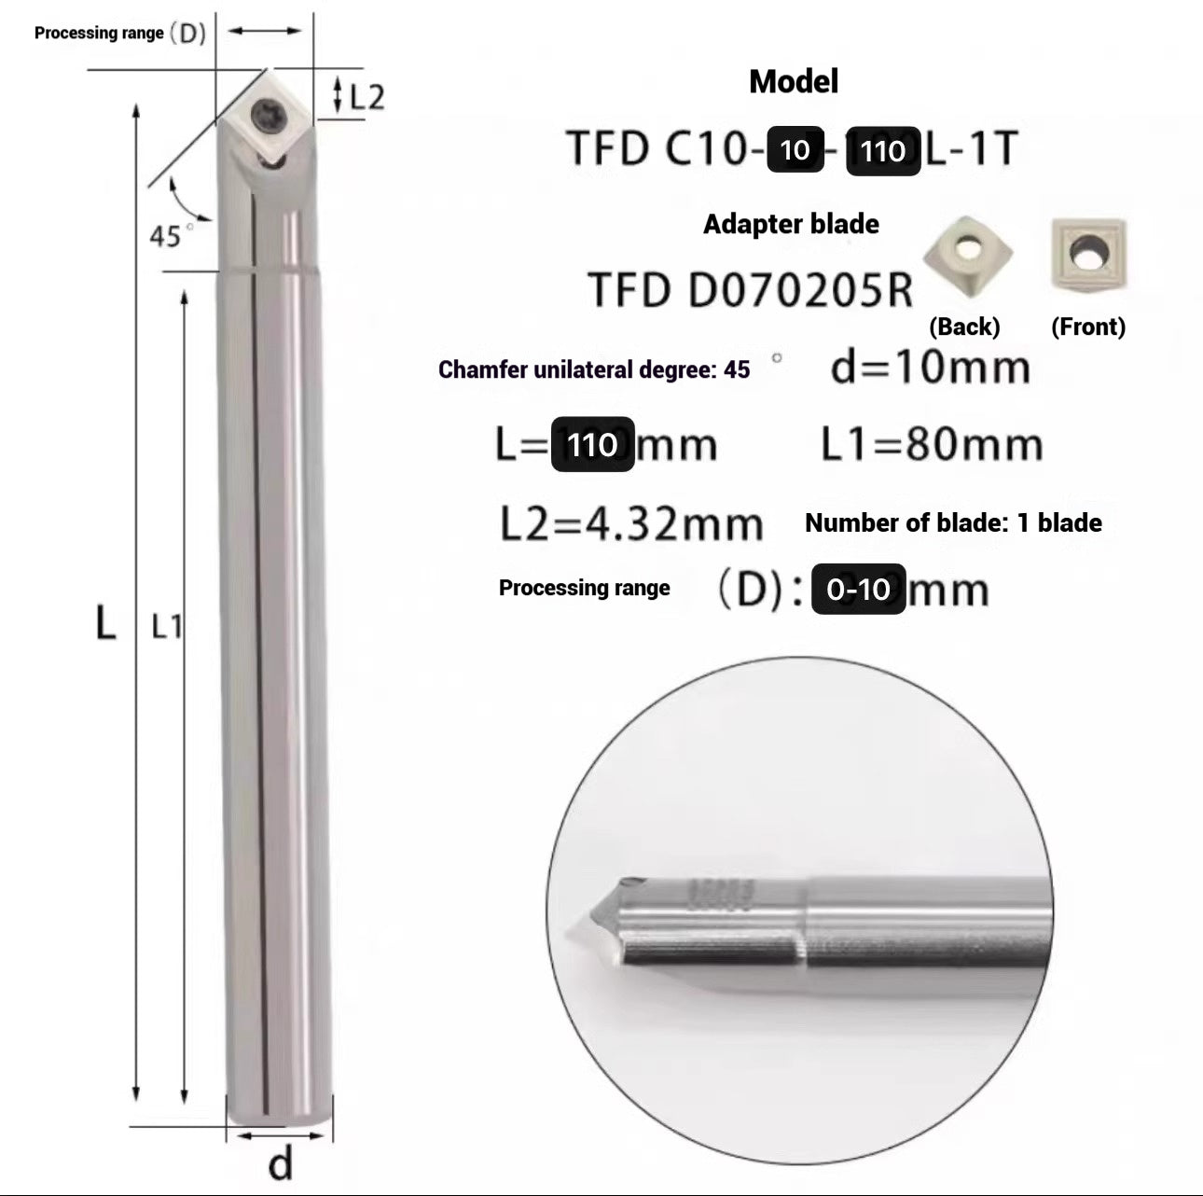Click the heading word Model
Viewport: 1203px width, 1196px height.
click(794, 81)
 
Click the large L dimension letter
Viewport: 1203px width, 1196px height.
click(106, 621)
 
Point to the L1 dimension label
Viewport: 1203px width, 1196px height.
click(167, 627)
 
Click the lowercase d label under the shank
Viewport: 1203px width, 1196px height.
click(280, 1164)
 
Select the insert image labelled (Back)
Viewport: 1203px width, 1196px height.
click(968, 257)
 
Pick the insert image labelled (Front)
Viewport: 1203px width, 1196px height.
click(1087, 253)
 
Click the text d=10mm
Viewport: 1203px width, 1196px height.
click(930, 368)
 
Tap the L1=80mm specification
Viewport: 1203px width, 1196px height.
click(931, 445)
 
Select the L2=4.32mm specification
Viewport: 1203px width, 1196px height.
click(631, 524)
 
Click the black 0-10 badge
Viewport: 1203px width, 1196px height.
click(858, 589)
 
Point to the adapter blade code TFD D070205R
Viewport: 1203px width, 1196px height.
click(750, 290)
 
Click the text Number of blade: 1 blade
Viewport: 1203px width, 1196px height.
click(953, 522)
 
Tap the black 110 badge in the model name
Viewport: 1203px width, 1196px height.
click(882, 150)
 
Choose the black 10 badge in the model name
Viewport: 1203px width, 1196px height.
click(795, 149)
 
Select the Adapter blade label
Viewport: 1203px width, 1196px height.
click(791, 224)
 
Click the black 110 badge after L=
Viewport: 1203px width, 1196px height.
click(592, 444)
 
